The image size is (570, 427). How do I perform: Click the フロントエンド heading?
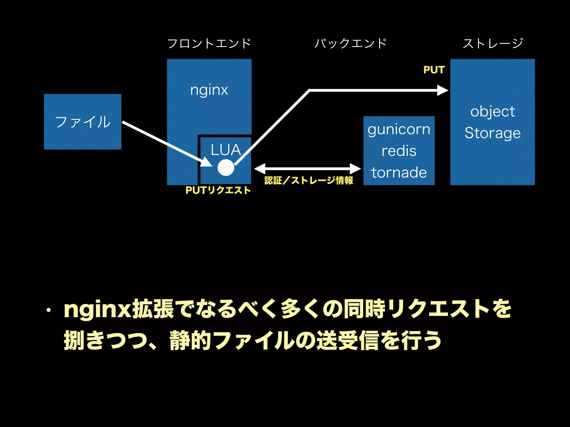coord(209,43)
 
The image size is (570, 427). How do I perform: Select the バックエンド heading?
coord(351,43)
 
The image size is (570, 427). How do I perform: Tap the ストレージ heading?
coord(493,43)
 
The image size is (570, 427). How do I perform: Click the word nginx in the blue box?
coord(209,90)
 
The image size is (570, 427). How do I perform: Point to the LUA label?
coord(225,150)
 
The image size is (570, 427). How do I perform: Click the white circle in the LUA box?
coord(226,168)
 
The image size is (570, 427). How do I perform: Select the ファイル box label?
coord(83,122)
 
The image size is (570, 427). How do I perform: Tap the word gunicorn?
coord(399,130)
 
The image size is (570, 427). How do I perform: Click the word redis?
coord(399,151)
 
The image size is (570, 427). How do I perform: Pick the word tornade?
coord(399,172)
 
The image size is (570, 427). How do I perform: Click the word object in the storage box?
coord(492,111)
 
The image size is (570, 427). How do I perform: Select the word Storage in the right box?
coord(492,133)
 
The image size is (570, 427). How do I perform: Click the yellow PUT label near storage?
coord(434,70)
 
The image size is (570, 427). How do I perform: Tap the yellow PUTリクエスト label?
coord(218,190)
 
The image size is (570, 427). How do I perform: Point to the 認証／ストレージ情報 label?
coord(308,180)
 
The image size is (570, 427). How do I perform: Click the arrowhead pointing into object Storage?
coord(443,90)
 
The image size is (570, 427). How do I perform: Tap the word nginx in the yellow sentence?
coord(97,309)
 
